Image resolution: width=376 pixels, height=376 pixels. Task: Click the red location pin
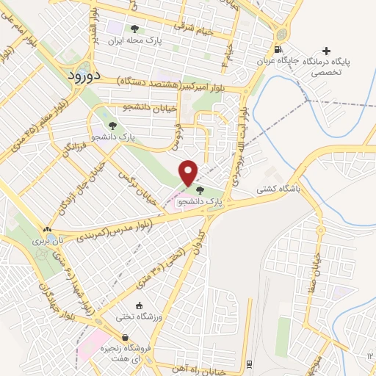point(189,173)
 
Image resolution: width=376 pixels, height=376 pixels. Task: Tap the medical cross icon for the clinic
point(327,51)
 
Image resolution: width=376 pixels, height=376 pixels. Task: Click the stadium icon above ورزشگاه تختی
point(139,305)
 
